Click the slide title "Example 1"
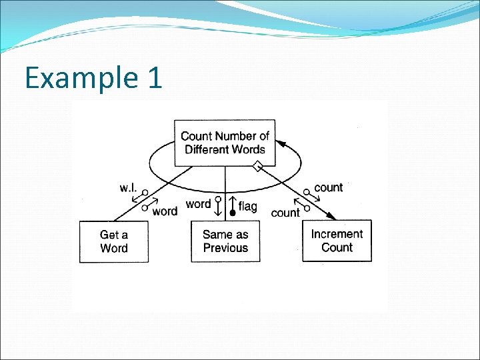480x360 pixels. [93, 78]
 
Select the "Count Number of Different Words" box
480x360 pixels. [225, 143]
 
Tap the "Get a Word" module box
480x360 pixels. [114, 241]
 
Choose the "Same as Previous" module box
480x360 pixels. [225, 241]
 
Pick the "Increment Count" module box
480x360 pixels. [337, 241]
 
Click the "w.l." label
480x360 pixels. [129, 188]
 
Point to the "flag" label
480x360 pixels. [247, 207]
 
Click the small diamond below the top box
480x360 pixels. [257, 167]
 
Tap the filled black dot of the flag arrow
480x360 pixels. [233, 213]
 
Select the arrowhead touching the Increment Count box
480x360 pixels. [331, 215]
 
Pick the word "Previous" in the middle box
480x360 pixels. [225, 248]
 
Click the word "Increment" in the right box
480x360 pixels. [337, 234]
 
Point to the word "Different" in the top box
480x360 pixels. [207, 149]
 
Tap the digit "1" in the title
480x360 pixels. [153, 78]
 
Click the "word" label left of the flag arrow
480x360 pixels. [199, 204]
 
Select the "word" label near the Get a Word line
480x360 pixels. [165, 211]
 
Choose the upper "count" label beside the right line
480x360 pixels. [328, 187]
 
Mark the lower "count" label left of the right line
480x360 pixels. [285, 213]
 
